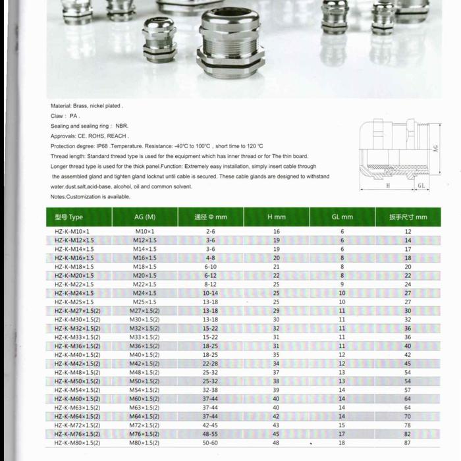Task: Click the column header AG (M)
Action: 145,217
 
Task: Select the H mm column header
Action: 277,217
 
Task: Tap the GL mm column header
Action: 342,217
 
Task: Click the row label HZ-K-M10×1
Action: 72,232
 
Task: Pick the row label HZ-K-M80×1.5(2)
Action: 77,443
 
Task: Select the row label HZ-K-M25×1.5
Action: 74,302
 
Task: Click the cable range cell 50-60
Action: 210,443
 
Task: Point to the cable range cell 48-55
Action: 210,434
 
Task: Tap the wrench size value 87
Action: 408,443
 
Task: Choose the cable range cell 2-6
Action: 210,232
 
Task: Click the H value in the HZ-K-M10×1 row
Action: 277,232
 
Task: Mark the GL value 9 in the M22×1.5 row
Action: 342,285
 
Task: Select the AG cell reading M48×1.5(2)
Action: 145,372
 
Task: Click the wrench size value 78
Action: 408,425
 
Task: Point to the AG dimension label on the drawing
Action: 436,149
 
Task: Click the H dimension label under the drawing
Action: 389,186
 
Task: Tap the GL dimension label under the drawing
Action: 421,186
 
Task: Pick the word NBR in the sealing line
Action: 121,126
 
